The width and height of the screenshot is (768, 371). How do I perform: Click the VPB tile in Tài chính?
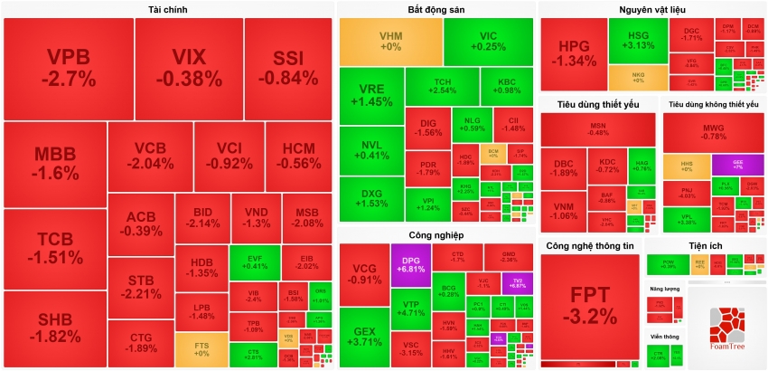pyautogui.click(x=70, y=68)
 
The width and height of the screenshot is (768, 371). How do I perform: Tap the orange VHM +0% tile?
pyautogui.click(x=390, y=41)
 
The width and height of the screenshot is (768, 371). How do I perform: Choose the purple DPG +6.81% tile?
pyautogui.click(x=410, y=263)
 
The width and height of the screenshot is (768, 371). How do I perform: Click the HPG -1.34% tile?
pyautogui.click(x=573, y=54)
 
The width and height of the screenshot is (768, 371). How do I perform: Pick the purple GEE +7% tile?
pyautogui.click(x=736, y=164)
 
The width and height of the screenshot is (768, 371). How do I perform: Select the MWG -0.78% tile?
pyautogui.click(x=714, y=132)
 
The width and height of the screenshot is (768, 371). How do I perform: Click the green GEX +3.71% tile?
pyautogui.click(x=365, y=337)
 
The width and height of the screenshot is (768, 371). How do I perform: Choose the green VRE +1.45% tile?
pyautogui.click(x=371, y=96)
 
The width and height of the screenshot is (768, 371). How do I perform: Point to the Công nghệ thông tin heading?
pyautogui.click(x=589, y=247)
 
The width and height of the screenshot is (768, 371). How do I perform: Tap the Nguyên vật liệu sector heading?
pyautogui.click(x=651, y=9)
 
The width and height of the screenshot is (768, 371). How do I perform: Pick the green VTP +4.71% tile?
pyautogui.click(x=410, y=309)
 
